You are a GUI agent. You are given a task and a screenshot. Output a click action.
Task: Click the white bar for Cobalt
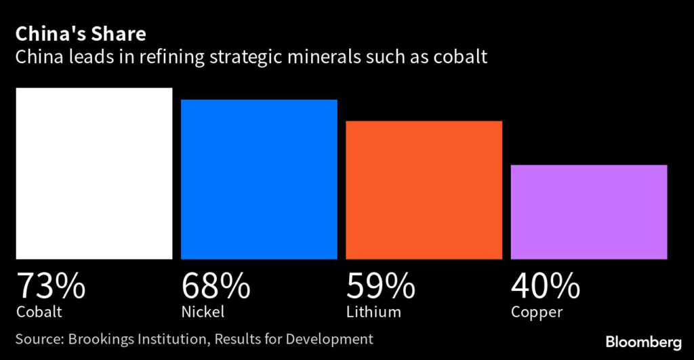pyautogui.click(x=94, y=173)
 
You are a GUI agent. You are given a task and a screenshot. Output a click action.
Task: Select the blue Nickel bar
pyautogui.click(x=259, y=179)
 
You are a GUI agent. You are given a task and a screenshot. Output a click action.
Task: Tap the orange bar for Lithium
pyautogui.click(x=424, y=190)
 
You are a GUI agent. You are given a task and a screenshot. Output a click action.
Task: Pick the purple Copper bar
pyautogui.click(x=589, y=212)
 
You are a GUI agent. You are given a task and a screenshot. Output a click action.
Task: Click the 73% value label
pyautogui.click(x=51, y=286)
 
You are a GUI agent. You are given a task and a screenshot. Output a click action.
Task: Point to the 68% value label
pyautogui.click(x=216, y=286)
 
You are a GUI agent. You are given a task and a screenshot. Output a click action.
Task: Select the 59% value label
pyautogui.click(x=381, y=286)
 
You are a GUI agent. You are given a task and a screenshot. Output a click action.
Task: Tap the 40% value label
pyautogui.click(x=546, y=286)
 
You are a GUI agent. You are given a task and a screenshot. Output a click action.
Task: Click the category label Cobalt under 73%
pyautogui.click(x=39, y=312)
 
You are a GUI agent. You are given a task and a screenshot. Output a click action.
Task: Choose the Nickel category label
pyautogui.click(x=203, y=312)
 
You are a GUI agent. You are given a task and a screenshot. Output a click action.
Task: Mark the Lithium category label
pyautogui.click(x=373, y=312)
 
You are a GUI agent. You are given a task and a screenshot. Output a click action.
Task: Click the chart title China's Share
pyautogui.click(x=81, y=34)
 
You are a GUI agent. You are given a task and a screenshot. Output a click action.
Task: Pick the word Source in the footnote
pyautogui.click(x=37, y=338)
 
